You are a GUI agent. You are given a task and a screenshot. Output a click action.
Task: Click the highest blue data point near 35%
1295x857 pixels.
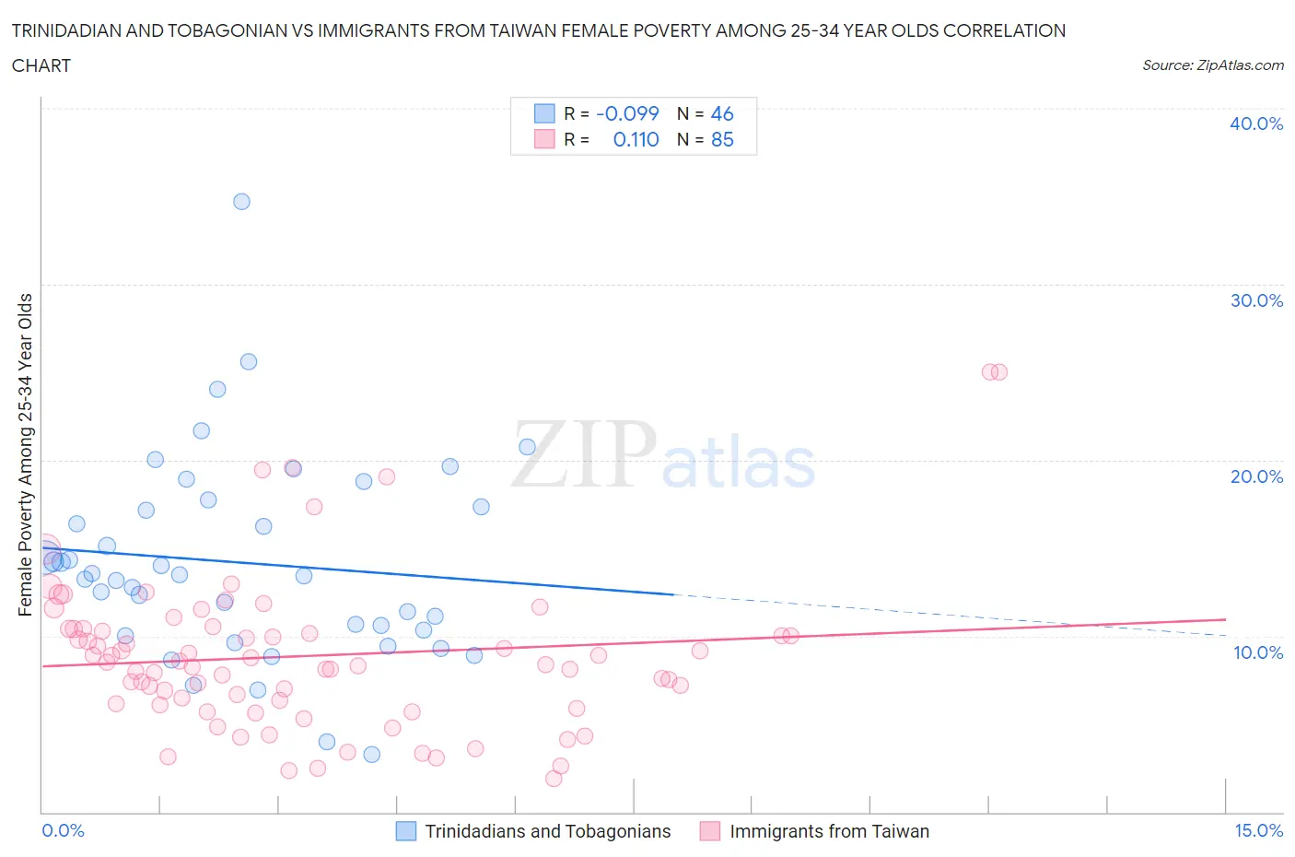[x=241, y=202]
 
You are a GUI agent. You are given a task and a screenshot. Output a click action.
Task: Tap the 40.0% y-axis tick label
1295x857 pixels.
[x=1255, y=123]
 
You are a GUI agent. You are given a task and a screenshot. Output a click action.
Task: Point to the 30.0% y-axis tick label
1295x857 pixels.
[x=1255, y=300]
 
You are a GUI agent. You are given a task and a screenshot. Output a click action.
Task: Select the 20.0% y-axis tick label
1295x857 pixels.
[x=1255, y=476]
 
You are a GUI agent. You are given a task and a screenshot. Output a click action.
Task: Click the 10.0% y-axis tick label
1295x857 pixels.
[x=1255, y=652]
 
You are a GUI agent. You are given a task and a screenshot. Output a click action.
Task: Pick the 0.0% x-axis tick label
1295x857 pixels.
[x=63, y=830]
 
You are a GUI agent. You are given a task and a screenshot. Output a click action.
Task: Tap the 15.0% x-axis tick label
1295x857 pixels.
[x=1258, y=830]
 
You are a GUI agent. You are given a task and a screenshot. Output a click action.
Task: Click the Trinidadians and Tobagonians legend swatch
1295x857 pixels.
[x=406, y=831]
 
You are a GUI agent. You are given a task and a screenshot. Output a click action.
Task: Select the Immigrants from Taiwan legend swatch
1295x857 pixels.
[x=709, y=831]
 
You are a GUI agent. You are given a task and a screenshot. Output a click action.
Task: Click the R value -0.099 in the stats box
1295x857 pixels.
[x=627, y=113]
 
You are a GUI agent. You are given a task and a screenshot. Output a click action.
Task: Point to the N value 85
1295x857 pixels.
[x=722, y=139]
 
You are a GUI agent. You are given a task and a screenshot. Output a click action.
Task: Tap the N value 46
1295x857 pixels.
[x=722, y=113]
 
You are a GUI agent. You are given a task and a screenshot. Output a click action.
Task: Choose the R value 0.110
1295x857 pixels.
[x=636, y=139]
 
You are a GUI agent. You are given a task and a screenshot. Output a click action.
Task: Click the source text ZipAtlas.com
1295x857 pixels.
[x=1212, y=65]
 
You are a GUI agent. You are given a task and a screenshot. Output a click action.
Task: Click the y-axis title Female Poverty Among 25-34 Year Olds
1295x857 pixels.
[x=25, y=454]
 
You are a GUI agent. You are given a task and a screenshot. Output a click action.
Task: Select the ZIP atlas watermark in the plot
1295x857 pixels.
[x=663, y=454]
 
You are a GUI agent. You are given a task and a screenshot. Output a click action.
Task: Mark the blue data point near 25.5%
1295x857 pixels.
[x=249, y=362]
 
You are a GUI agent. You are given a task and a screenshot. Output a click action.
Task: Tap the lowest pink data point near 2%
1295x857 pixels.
[x=554, y=779]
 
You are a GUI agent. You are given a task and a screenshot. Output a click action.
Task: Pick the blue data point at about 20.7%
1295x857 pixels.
[x=527, y=447]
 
